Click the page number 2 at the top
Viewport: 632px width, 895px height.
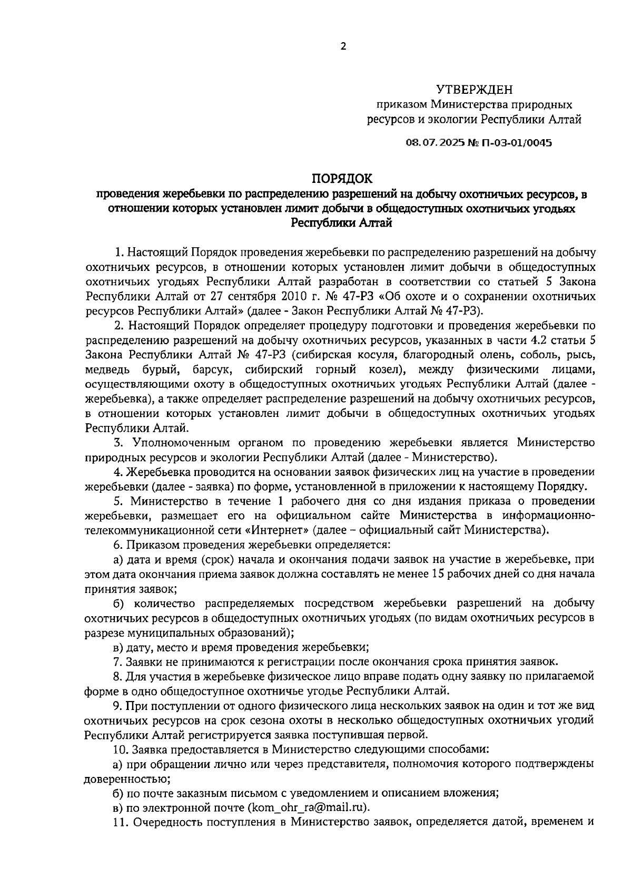click(343, 47)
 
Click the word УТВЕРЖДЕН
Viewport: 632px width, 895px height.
click(474, 90)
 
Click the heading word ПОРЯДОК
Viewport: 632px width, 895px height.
click(342, 178)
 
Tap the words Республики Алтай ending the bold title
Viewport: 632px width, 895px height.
click(342, 223)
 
